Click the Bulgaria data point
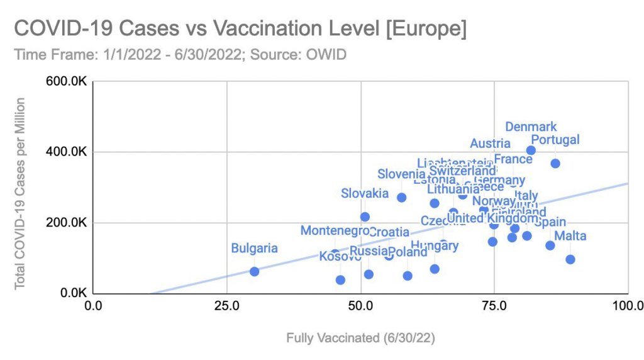click(x=254, y=271)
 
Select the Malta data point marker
click(x=570, y=259)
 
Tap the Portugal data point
click(x=555, y=164)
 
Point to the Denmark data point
click(x=531, y=150)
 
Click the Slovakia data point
click(x=365, y=217)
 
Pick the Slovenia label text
click(x=401, y=174)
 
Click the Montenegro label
click(x=335, y=231)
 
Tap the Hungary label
click(x=435, y=245)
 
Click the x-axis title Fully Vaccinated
click(x=360, y=338)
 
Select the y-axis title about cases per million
click(x=20, y=193)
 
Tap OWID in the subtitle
click(x=326, y=54)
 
